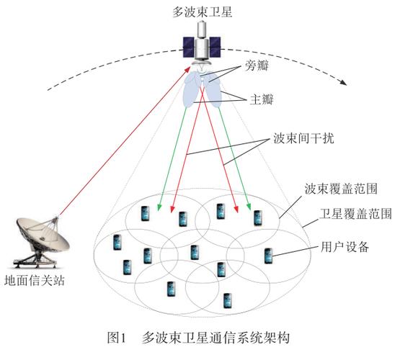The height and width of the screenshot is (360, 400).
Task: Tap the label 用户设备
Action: coord(344,247)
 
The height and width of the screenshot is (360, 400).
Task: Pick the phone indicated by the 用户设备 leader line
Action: coord(268,255)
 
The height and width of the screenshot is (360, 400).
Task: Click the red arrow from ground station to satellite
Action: coord(123,140)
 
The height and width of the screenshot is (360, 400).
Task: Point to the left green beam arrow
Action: coord(177,155)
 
